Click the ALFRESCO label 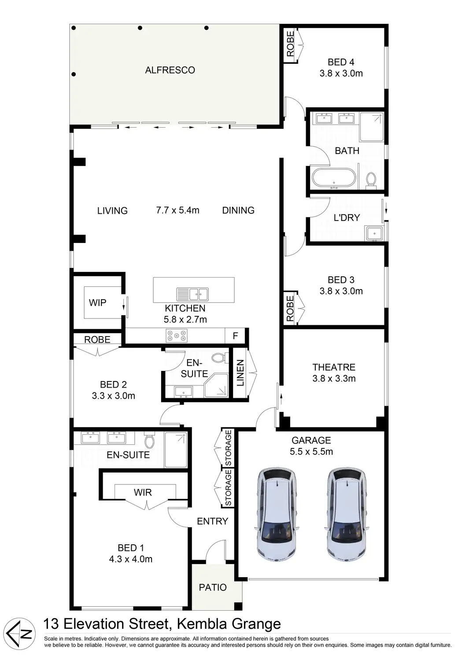tap(170, 70)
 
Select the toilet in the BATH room tap(371, 180)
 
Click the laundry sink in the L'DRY tap(374, 233)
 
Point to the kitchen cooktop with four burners tap(177, 336)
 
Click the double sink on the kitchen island tap(192, 293)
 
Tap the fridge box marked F tap(235, 336)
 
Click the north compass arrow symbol tap(23, 634)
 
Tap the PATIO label tap(213, 587)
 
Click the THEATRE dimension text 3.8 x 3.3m tap(334, 378)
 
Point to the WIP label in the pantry tap(97, 303)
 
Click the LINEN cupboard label tap(240, 373)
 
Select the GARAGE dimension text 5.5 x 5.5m tap(311, 451)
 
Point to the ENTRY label tap(212, 521)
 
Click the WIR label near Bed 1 tap(143, 492)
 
